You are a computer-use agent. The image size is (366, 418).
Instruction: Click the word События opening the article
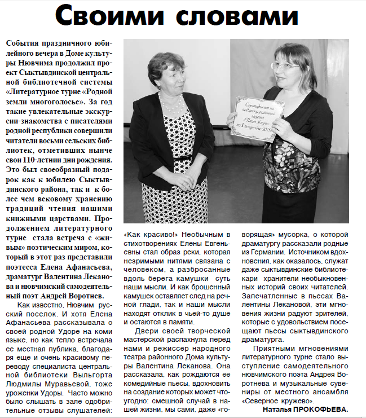click(20, 43)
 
